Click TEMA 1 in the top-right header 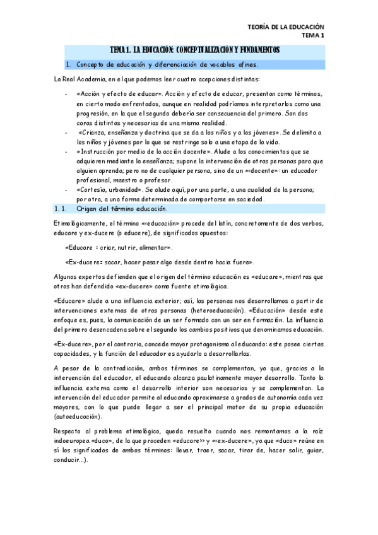[312, 36]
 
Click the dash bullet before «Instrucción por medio [66, 152]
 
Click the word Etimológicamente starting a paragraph [80, 225]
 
